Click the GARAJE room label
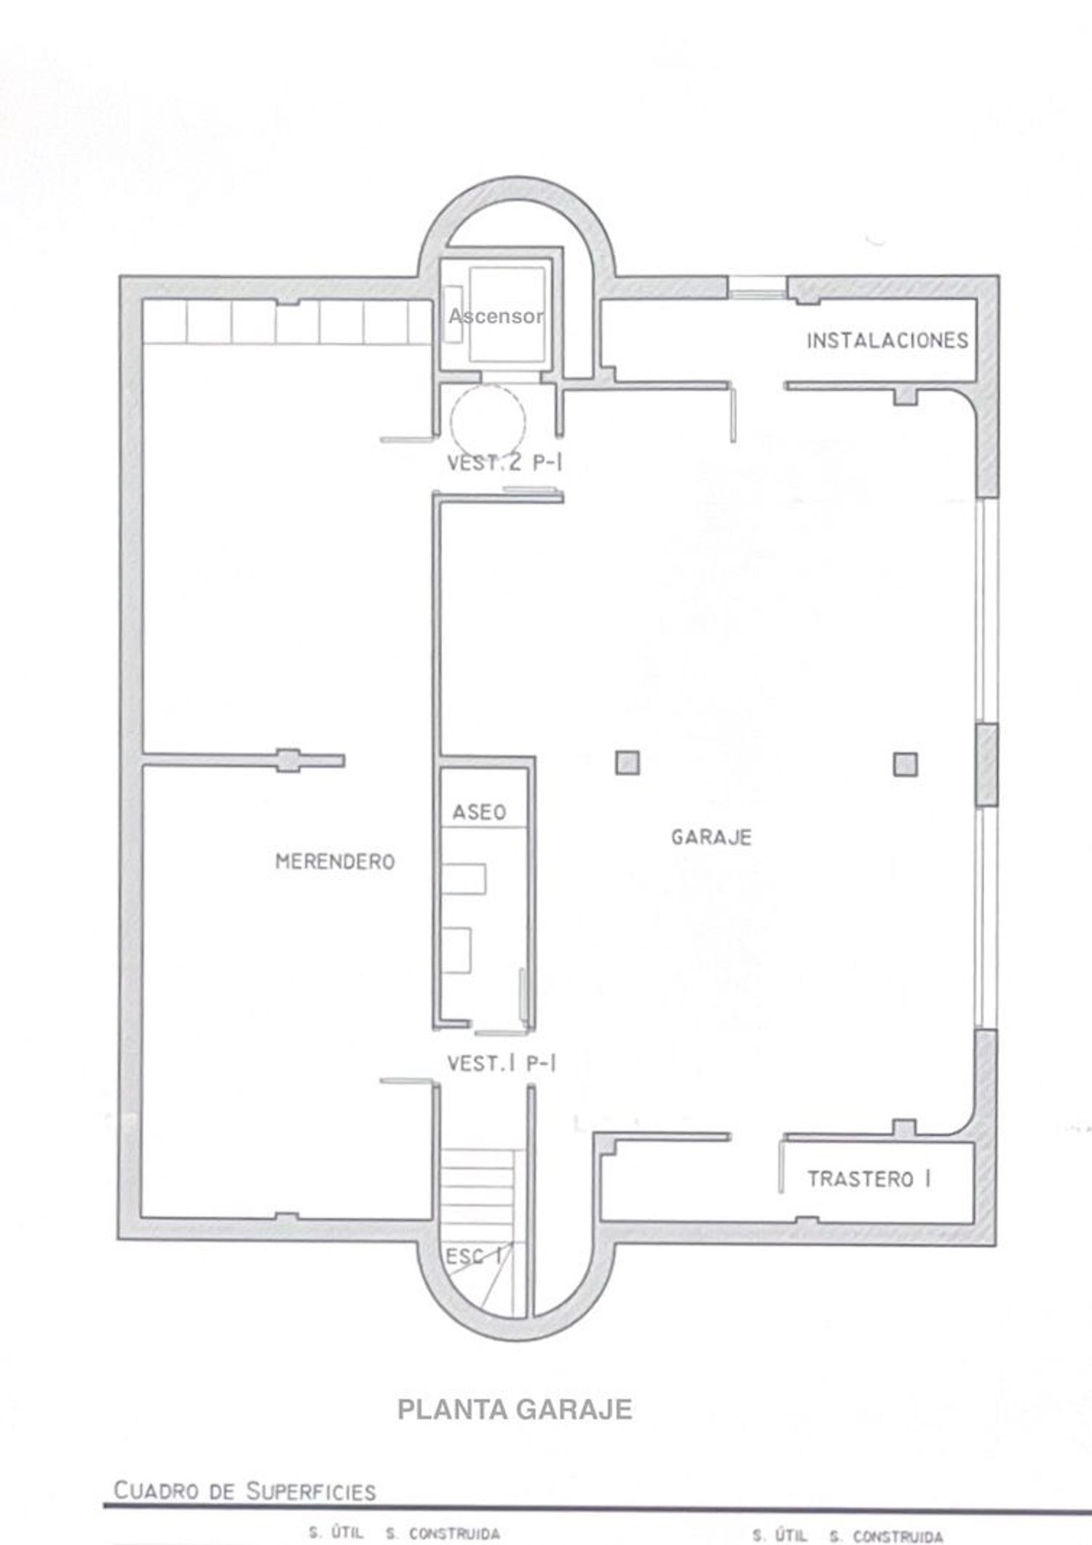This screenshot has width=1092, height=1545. [x=711, y=837]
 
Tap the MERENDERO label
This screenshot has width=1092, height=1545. [x=335, y=862]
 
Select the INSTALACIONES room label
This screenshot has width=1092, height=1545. [x=887, y=340]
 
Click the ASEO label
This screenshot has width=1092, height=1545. [x=479, y=813]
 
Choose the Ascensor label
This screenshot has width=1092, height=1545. [x=496, y=316]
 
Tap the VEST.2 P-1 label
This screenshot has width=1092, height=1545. [x=505, y=463]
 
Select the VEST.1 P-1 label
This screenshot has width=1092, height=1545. [x=502, y=1064]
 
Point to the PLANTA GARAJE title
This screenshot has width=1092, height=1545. [x=515, y=1410]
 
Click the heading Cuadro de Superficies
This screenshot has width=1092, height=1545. [x=245, y=1492]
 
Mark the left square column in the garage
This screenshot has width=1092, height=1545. [x=628, y=763]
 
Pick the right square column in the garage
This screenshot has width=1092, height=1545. [x=906, y=764]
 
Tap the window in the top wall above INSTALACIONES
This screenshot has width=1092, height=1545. [x=758, y=287]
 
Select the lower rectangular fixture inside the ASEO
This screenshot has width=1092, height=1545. [x=456, y=950]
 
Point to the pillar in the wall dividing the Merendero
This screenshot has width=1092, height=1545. [x=289, y=760]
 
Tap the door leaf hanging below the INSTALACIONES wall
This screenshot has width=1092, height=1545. [x=733, y=414]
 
